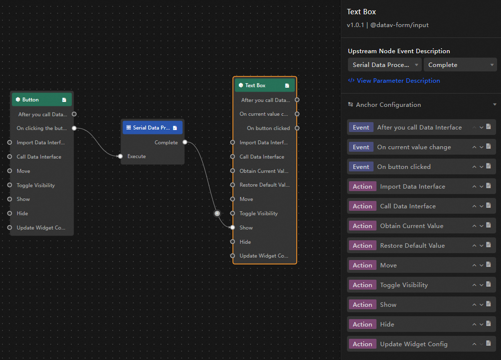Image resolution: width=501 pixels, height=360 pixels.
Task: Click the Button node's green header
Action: pos(41,99)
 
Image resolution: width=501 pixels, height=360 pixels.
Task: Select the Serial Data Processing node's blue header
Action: pos(153,128)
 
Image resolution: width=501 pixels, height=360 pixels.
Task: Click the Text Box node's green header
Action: pos(265,85)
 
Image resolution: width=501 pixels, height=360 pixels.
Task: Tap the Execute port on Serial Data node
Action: pos(120,156)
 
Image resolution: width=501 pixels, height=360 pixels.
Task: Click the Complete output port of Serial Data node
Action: pos(185,142)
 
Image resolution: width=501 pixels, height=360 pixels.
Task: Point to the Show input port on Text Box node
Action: pos(233,228)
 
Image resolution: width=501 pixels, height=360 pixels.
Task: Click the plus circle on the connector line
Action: pos(217,213)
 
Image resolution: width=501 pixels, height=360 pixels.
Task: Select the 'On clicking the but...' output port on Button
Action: pos(74,128)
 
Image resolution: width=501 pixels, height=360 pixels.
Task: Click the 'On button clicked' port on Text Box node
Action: pos(297,128)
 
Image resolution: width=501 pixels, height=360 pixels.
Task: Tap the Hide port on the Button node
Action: pos(9,213)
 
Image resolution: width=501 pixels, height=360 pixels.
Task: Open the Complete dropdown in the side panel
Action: pos(460,65)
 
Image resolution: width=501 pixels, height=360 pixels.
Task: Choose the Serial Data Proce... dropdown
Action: pos(385,65)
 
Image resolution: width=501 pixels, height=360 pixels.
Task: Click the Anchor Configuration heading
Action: pos(388,105)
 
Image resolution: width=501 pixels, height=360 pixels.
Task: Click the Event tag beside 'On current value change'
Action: pos(361,147)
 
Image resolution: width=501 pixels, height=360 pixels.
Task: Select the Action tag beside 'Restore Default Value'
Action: pos(362,246)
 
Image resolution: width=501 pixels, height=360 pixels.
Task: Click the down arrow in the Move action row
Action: pos(481,265)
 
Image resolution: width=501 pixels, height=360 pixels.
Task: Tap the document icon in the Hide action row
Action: pos(489,324)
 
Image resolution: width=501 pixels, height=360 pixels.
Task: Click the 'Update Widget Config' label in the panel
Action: pos(414,344)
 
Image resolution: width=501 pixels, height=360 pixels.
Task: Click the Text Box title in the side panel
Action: pos(361,12)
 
